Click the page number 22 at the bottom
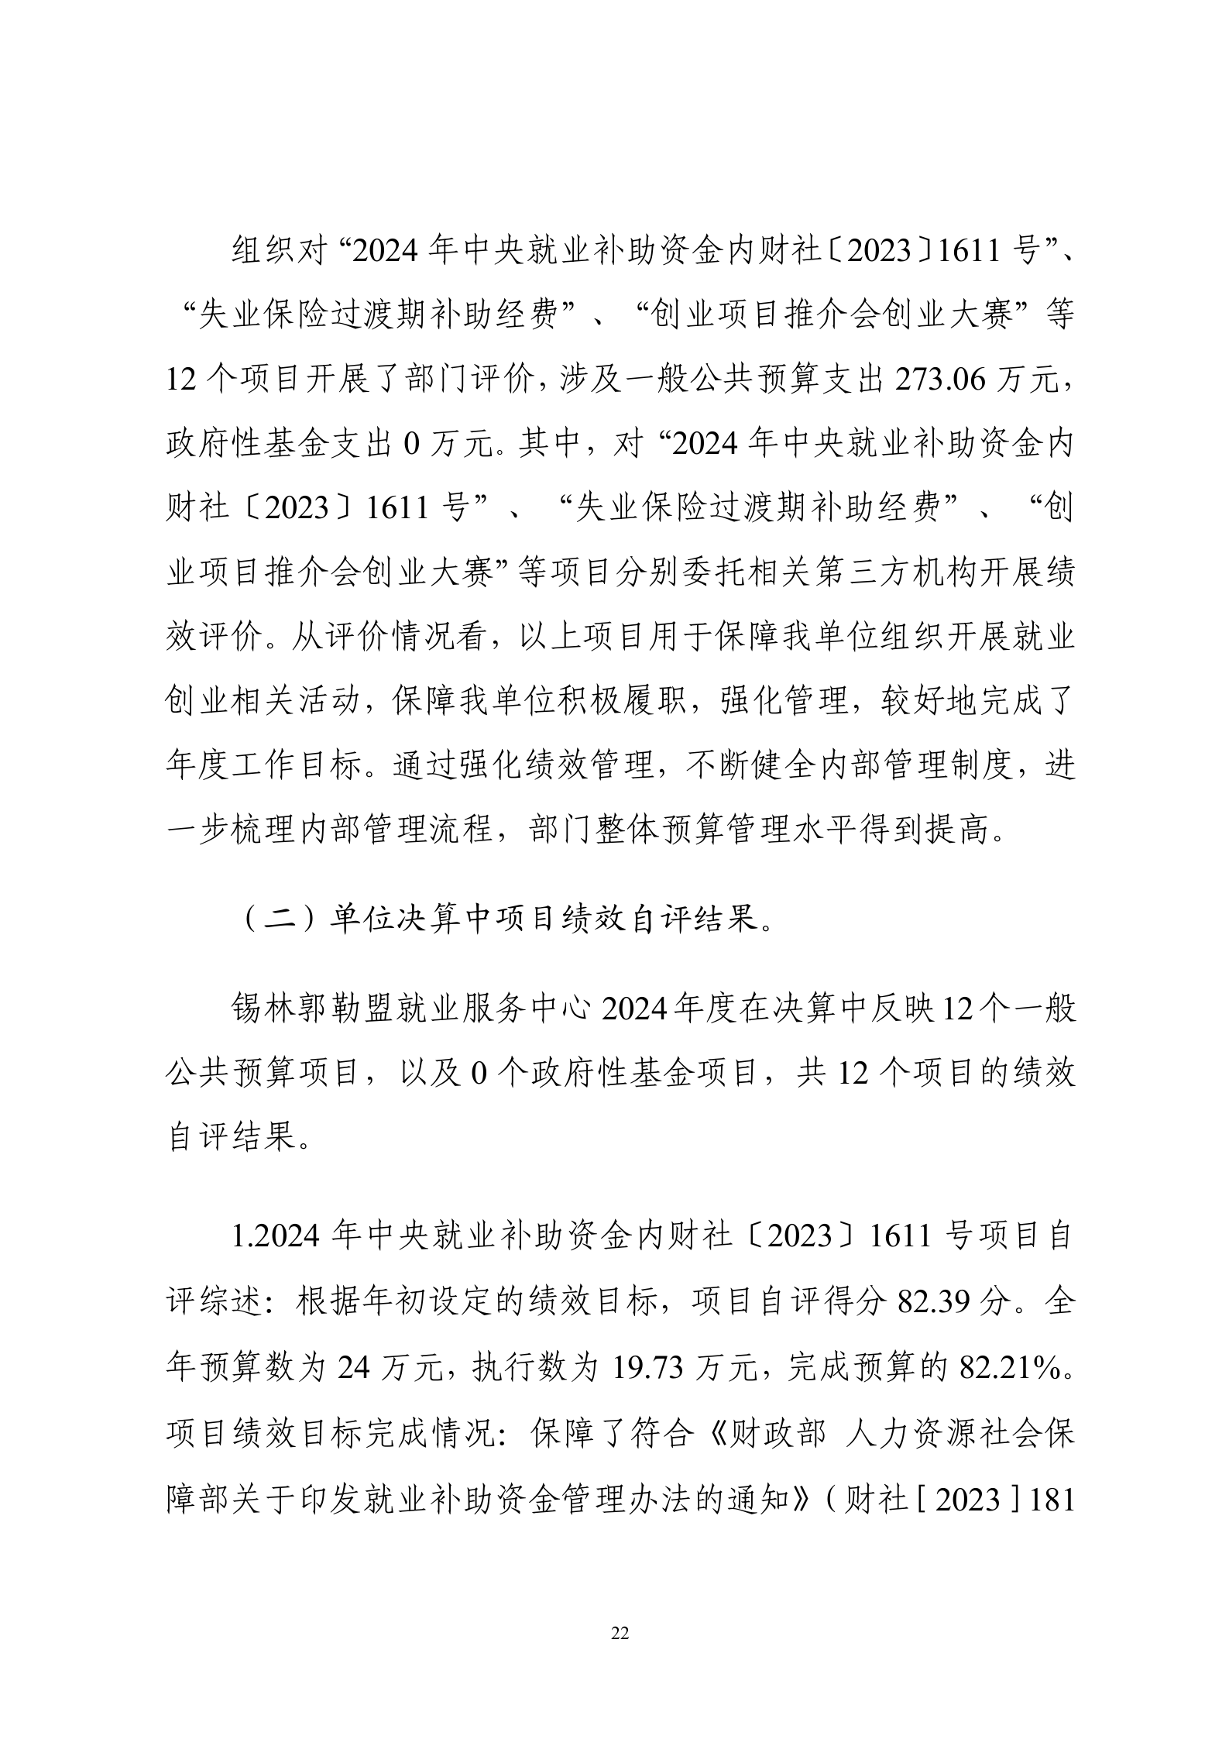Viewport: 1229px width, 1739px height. click(620, 1634)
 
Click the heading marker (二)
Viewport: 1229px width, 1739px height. click(280, 919)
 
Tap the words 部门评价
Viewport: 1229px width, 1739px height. click(471, 380)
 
